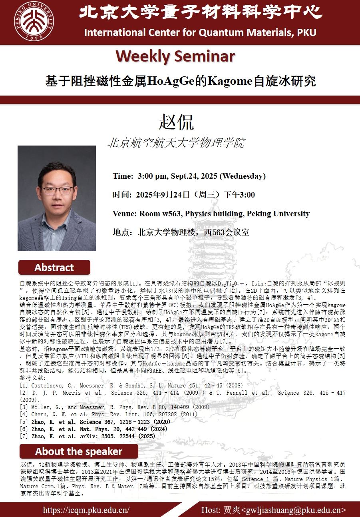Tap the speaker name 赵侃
tap(176, 122)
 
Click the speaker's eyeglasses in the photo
tap(57, 190)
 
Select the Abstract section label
tap(54, 267)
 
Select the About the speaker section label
tap(78, 451)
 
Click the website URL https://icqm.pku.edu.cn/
tap(86, 510)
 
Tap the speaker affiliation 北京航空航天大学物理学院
tap(176, 143)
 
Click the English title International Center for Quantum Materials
tap(200, 32)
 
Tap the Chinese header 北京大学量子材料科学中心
tap(201, 12)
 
